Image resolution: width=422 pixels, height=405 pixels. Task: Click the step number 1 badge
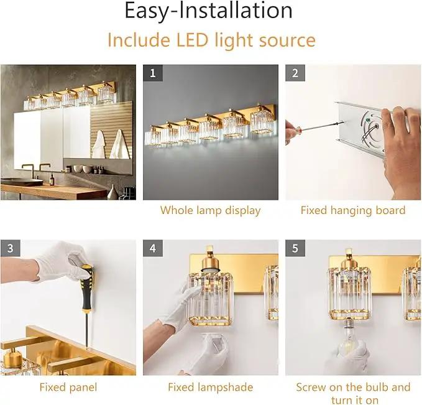click(153, 73)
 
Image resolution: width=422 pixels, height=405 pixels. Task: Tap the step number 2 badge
click(295, 73)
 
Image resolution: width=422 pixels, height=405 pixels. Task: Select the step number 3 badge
click(10, 248)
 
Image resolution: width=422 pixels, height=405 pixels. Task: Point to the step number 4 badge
click(153, 248)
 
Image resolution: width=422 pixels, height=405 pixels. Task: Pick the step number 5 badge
click(295, 248)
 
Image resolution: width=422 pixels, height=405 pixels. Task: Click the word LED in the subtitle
click(192, 40)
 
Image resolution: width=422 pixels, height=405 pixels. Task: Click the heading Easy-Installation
click(208, 11)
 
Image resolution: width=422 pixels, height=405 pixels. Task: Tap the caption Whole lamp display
click(210, 210)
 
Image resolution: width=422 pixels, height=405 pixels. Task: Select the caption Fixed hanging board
click(353, 210)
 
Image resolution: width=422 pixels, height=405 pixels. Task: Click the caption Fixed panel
click(68, 387)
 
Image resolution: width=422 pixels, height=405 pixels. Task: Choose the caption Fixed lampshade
click(211, 387)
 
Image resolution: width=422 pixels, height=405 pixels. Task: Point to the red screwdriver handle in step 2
click(293, 134)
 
